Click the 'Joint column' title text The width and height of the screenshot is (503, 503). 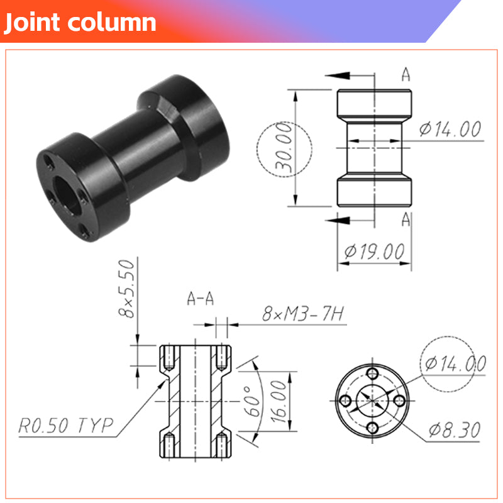tap(80, 23)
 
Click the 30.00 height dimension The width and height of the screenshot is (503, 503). tap(284, 148)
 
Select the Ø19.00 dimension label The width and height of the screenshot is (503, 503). tap(374, 251)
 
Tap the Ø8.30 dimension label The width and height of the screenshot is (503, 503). tap(454, 429)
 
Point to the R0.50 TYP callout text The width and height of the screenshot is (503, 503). tap(66, 426)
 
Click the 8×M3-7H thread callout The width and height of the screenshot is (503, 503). tap(303, 313)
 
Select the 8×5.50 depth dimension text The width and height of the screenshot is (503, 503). tap(126, 289)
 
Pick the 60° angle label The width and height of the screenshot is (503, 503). tap(253, 401)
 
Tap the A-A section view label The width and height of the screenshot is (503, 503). tap(201, 299)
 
